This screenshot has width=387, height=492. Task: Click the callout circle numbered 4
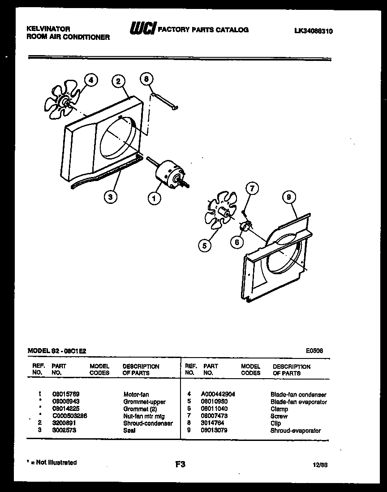91,81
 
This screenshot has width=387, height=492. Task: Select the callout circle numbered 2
118,81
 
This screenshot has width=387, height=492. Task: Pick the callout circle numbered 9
289,197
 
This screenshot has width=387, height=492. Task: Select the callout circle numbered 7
252,189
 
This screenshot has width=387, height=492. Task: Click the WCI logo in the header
142,30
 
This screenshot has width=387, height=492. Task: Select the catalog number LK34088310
314,31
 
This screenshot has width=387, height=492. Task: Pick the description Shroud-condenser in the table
148,423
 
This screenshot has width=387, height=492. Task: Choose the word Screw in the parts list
279,416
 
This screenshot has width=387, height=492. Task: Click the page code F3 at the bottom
180,465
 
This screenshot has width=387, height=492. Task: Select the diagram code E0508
314,351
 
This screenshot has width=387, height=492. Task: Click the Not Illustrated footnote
52,462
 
